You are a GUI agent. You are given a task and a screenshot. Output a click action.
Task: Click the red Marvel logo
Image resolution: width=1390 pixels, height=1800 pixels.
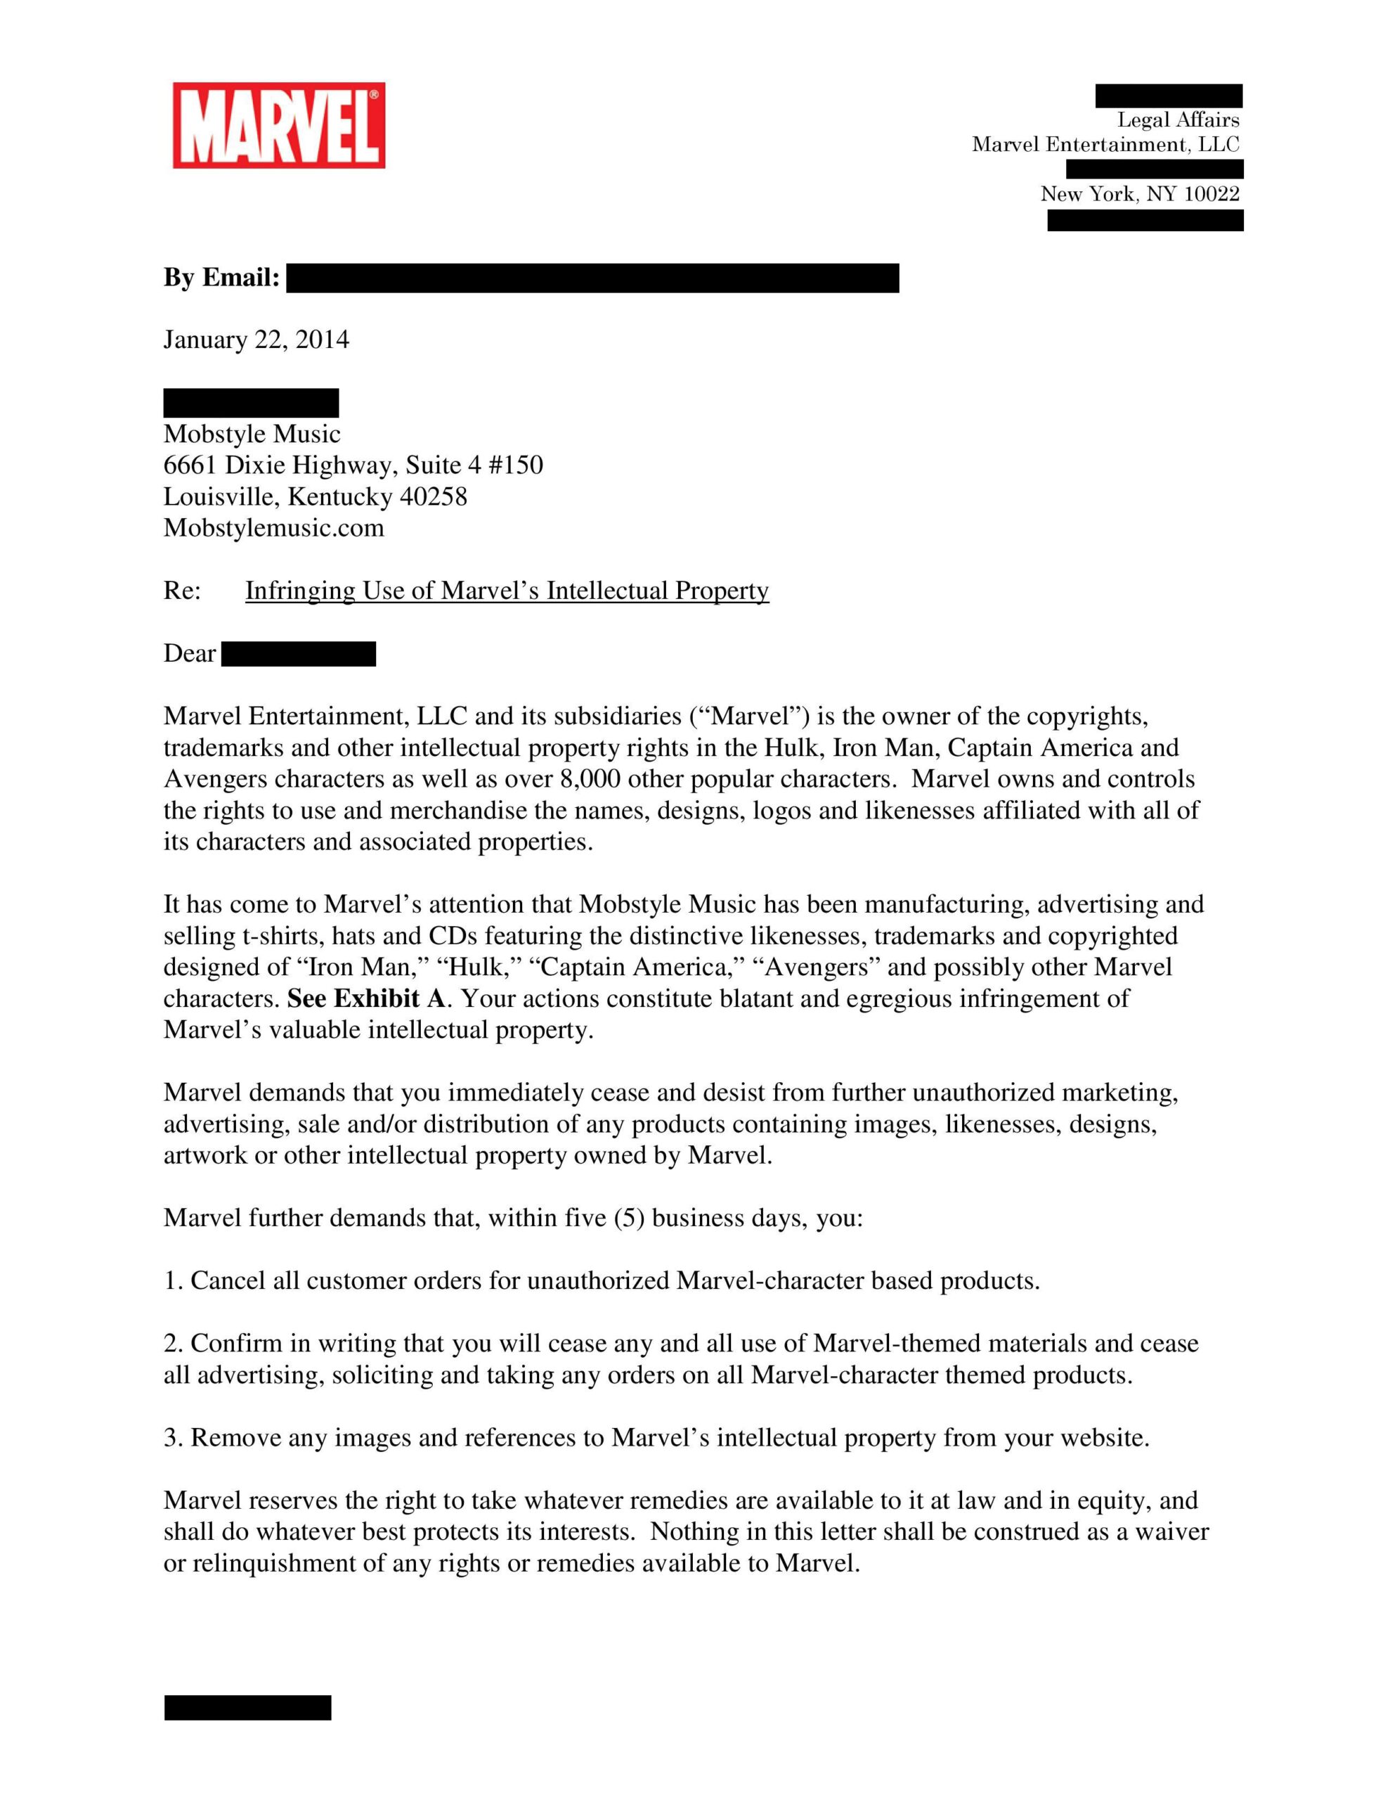click(x=278, y=125)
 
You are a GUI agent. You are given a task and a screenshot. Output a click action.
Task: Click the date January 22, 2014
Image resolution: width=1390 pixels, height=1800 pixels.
click(x=256, y=340)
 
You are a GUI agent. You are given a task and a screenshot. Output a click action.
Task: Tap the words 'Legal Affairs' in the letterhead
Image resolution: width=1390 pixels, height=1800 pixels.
click(x=1177, y=120)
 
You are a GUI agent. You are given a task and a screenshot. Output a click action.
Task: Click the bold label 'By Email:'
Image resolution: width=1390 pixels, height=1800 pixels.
click(x=221, y=278)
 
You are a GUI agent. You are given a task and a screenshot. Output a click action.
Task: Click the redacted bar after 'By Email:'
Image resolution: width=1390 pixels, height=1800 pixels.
click(x=592, y=278)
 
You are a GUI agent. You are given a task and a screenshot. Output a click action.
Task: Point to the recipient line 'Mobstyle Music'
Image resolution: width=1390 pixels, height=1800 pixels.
click(x=252, y=435)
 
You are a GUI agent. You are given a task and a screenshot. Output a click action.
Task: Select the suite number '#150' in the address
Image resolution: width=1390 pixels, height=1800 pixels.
click(x=515, y=465)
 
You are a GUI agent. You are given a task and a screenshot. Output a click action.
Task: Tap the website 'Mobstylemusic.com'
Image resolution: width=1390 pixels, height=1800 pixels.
click(x=273, y=528)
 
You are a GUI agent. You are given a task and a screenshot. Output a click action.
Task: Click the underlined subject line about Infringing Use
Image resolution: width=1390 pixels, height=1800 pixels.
click(x=507, y=591)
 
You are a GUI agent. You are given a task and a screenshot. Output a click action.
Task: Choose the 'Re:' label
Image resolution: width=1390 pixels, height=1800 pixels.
click(x=182, y=591)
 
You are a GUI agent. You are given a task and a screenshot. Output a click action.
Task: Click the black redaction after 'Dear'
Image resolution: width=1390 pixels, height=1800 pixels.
click(x=298, y=655)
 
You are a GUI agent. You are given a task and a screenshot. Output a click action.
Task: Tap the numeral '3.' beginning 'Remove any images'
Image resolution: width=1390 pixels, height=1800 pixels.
click(x=172, y=1438)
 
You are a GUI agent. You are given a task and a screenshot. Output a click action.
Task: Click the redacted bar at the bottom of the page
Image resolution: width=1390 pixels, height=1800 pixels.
click(x=247, y=1708)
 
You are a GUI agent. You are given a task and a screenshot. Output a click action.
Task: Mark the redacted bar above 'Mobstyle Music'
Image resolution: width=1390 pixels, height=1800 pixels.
click(x=250, y=403)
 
